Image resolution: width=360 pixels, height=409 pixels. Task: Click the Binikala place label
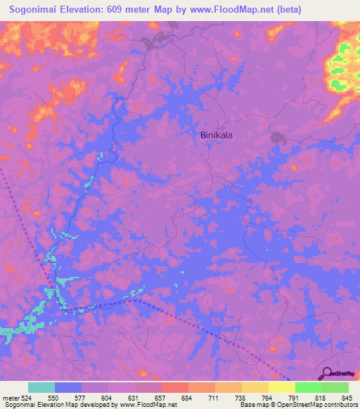[x=218, y=136]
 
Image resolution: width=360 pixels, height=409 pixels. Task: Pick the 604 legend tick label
[x=108, y=397]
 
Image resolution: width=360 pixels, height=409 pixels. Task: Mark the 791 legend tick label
[x=295, y=397]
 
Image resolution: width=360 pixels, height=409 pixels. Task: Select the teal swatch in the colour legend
[x=41, y=387]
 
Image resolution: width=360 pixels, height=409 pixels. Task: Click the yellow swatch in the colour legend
[x=282, y=387]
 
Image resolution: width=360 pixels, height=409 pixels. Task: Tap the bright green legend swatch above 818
[x=309, y=387]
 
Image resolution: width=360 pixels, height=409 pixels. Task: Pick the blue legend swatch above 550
[x=68, y=387]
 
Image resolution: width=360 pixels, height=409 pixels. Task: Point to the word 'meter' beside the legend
[x=11, y=397]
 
